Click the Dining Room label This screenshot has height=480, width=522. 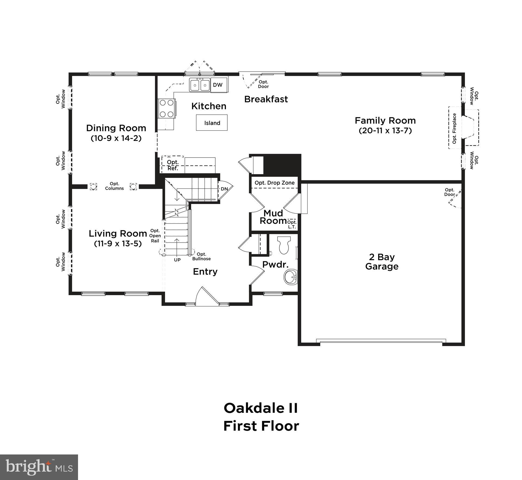coord(116,128)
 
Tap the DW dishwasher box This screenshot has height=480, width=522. coord(217,85)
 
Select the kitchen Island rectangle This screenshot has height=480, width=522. coord(212,123)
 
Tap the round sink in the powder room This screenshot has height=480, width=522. coord(291,277)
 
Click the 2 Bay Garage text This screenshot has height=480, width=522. coord(382,262)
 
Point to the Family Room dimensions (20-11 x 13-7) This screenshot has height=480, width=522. coord(385,131)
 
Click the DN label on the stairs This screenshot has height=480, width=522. coord(224,189)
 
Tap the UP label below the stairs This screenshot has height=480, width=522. coord(177,260)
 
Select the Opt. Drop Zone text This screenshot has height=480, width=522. coord(275,183)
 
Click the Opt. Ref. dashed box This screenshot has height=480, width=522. coord(173,165)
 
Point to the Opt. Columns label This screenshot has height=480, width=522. coord(114,186)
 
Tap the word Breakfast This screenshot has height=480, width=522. coord(266,99)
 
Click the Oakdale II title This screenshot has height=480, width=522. coord(261,408)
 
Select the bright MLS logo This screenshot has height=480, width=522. coord(39,467)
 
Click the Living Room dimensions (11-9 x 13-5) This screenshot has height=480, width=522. coord(118,244)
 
